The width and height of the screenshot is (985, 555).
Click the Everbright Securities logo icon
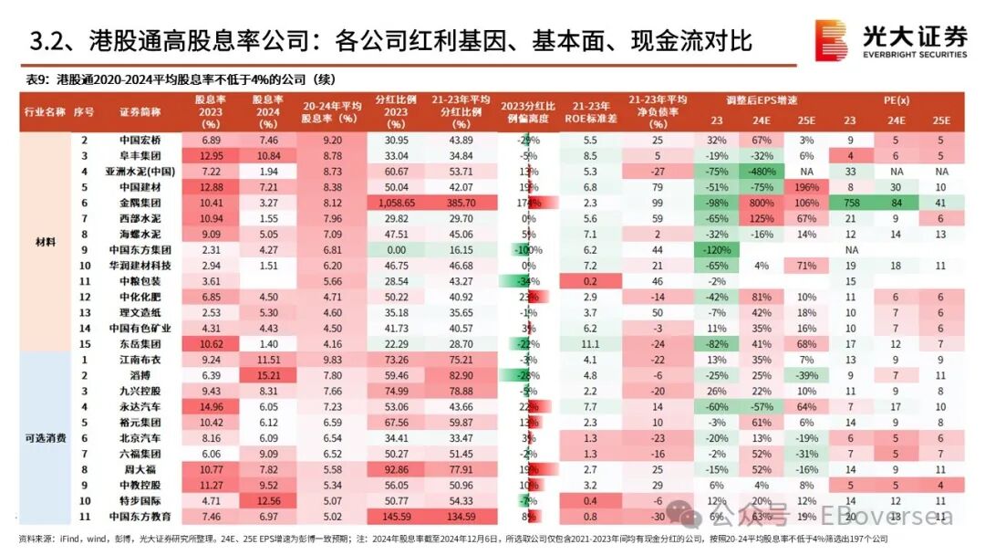830,41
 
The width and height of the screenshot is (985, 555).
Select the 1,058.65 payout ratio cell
396,203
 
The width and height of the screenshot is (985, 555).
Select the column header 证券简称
141,111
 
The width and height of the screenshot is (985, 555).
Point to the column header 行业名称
43,111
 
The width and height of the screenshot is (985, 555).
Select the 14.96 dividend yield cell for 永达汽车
211,407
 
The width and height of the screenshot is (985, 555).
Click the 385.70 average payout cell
461,203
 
